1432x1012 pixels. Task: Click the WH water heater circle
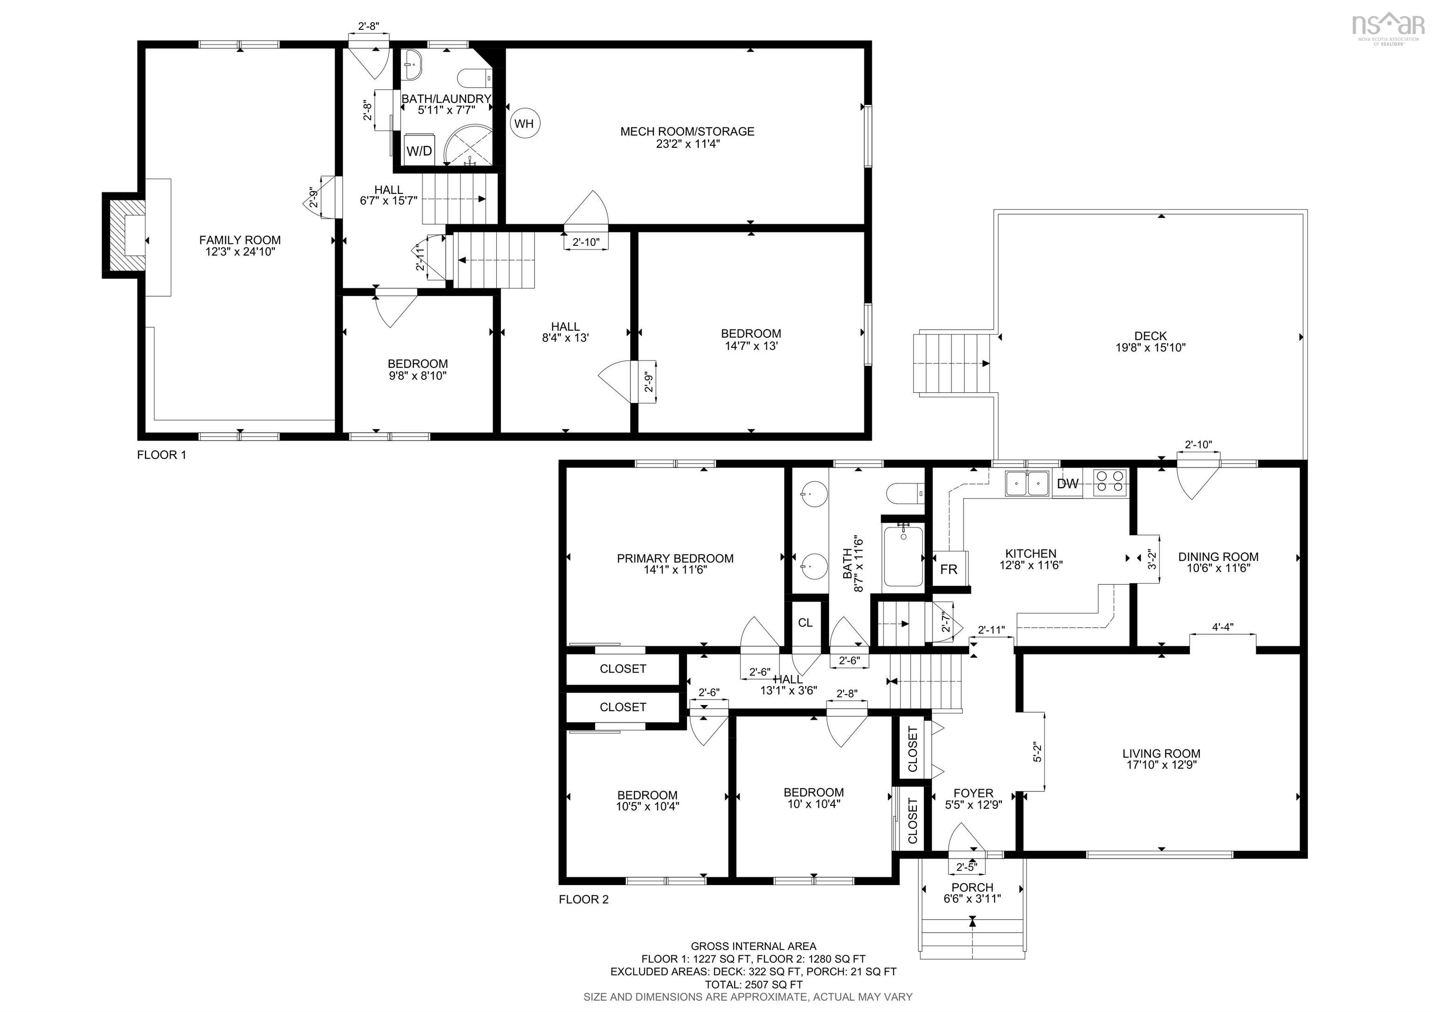click(524, 124)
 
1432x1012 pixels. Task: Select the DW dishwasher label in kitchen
click(1068, 484)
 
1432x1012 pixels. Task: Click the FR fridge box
click(949, 569)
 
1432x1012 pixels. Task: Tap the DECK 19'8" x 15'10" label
click(1150, 342)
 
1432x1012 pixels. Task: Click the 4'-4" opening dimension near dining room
click(1222, 627)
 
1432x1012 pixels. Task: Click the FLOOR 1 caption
click(162, 455)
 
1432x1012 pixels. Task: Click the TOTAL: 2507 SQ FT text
click(753, 984)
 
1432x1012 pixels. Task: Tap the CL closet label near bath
click(805, 623)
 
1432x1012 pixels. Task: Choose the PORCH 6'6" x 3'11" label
click(972, 893)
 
